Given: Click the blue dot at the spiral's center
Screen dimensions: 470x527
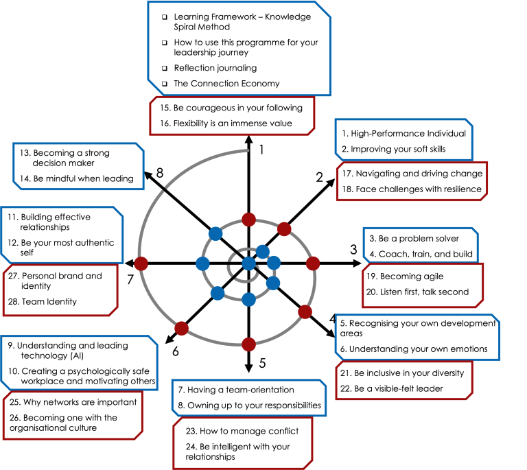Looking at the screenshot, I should coord(248,263).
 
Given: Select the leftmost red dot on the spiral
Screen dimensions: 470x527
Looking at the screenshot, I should coord(141,263).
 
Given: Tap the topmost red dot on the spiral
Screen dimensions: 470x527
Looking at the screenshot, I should coord(248,220).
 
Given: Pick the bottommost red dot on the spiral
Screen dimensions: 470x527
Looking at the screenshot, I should coord(248,344).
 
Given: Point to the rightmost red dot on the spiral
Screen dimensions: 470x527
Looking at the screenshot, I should coord(313,263).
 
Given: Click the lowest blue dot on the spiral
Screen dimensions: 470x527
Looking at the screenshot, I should coord(248,299).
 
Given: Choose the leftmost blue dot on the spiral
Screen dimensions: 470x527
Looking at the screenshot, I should coord(202,263).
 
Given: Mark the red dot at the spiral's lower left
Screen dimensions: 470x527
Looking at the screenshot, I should coord(181,329).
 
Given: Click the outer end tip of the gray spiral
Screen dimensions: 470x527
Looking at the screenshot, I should coord(247,150).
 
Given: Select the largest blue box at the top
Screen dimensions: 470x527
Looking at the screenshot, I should coord(239,48).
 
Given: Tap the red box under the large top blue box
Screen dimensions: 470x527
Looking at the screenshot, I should coord(232,116).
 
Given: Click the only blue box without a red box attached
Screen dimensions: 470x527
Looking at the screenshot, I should coord(78,166).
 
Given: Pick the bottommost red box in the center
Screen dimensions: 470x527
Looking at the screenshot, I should coord(243,443).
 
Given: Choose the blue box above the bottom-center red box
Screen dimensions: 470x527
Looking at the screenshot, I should coord(248,398).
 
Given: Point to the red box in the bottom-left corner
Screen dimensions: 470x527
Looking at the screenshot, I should coord(72,416).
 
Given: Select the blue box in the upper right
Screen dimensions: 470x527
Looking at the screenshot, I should coord(403,139).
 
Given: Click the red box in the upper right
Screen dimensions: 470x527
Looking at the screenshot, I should coord(412,181).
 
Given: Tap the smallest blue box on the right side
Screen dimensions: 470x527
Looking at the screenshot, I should coord(420,245).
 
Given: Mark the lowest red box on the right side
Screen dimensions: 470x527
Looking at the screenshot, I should coord(404,381).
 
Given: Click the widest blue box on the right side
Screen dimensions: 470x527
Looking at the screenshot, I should coord(417,337).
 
